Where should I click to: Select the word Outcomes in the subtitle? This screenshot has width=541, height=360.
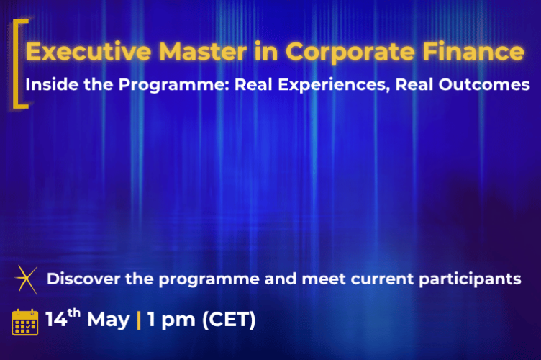pos(486,84)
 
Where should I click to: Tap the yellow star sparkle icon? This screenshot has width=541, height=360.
pos(26,279)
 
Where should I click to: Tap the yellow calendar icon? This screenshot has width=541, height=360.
pos(25,321)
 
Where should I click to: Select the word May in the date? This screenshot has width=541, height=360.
pos(109,320)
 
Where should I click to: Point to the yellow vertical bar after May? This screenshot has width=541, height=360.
pos(139,320)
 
